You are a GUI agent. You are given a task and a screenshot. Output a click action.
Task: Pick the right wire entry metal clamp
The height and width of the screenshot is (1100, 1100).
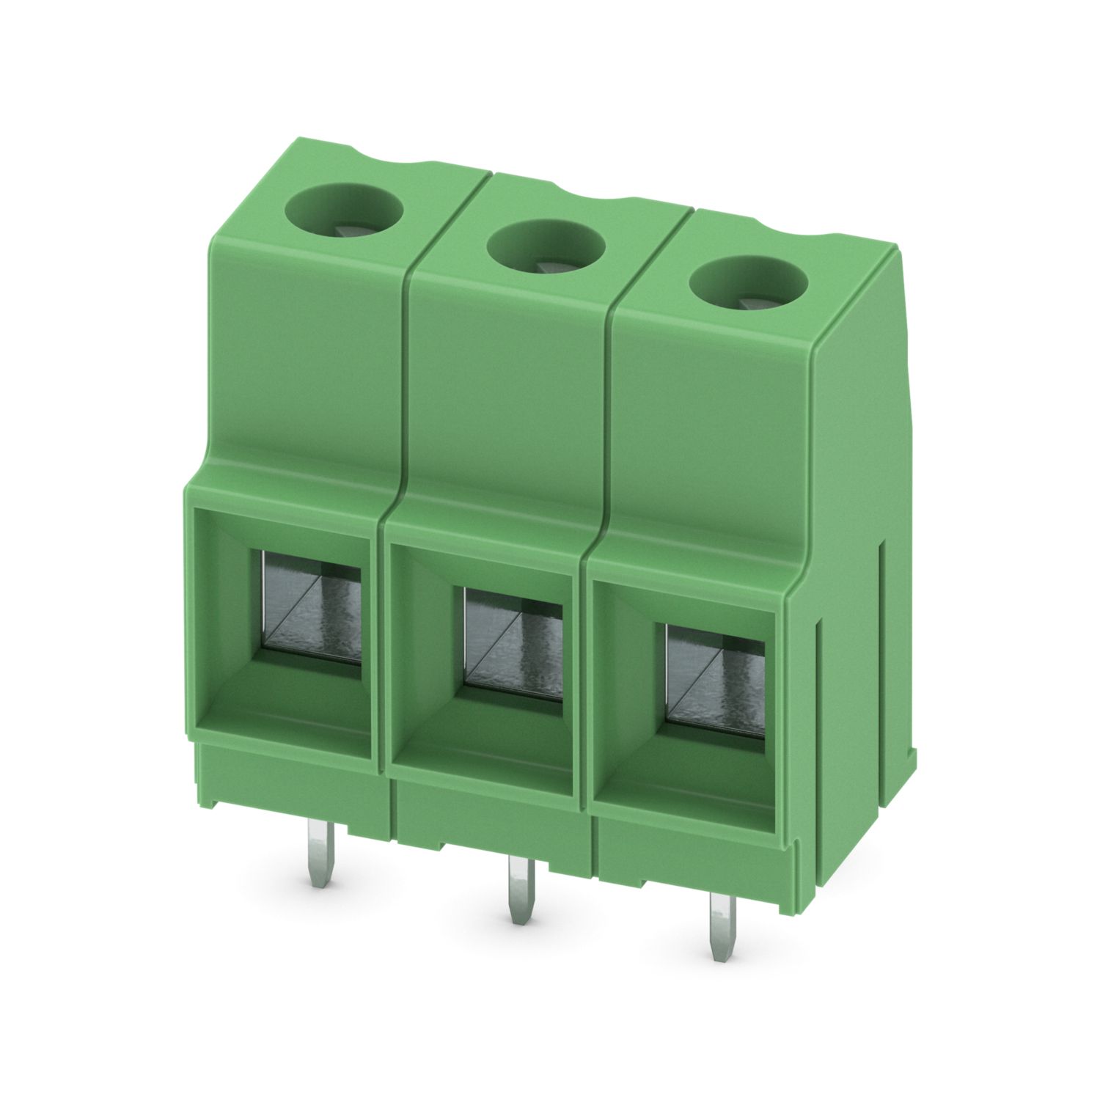click(x=715, y=682)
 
